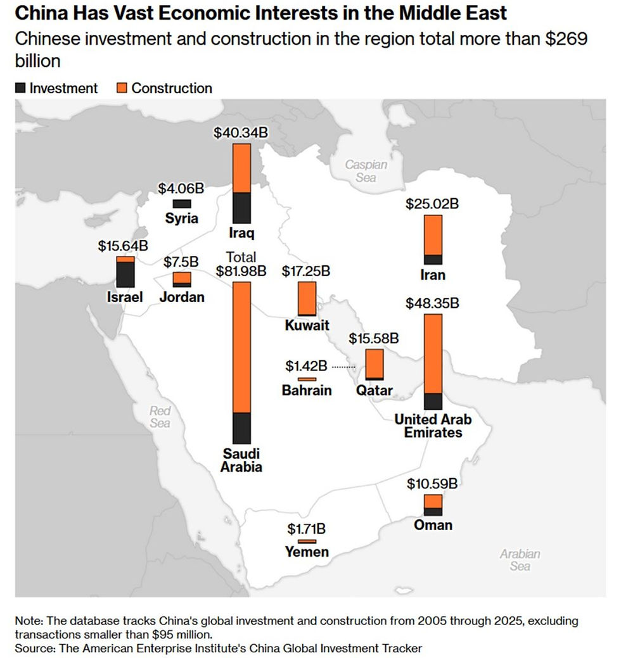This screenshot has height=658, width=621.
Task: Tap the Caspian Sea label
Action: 366,171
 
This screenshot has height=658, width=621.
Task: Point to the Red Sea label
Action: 160,417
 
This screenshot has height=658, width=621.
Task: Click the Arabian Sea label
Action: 520,560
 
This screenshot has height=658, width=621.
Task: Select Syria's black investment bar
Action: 182,204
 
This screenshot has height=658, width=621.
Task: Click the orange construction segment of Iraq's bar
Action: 242,168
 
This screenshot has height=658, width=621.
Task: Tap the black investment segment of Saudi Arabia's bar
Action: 242,428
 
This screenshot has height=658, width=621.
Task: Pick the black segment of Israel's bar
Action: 125,275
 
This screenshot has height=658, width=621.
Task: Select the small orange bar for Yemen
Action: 307,541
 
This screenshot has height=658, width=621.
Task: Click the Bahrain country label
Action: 307,390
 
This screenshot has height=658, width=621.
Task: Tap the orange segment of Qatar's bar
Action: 375,363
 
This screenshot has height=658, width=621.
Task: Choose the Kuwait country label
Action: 307,326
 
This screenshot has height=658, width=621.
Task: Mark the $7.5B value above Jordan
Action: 181,261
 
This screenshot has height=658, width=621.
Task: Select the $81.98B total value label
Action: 241,272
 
